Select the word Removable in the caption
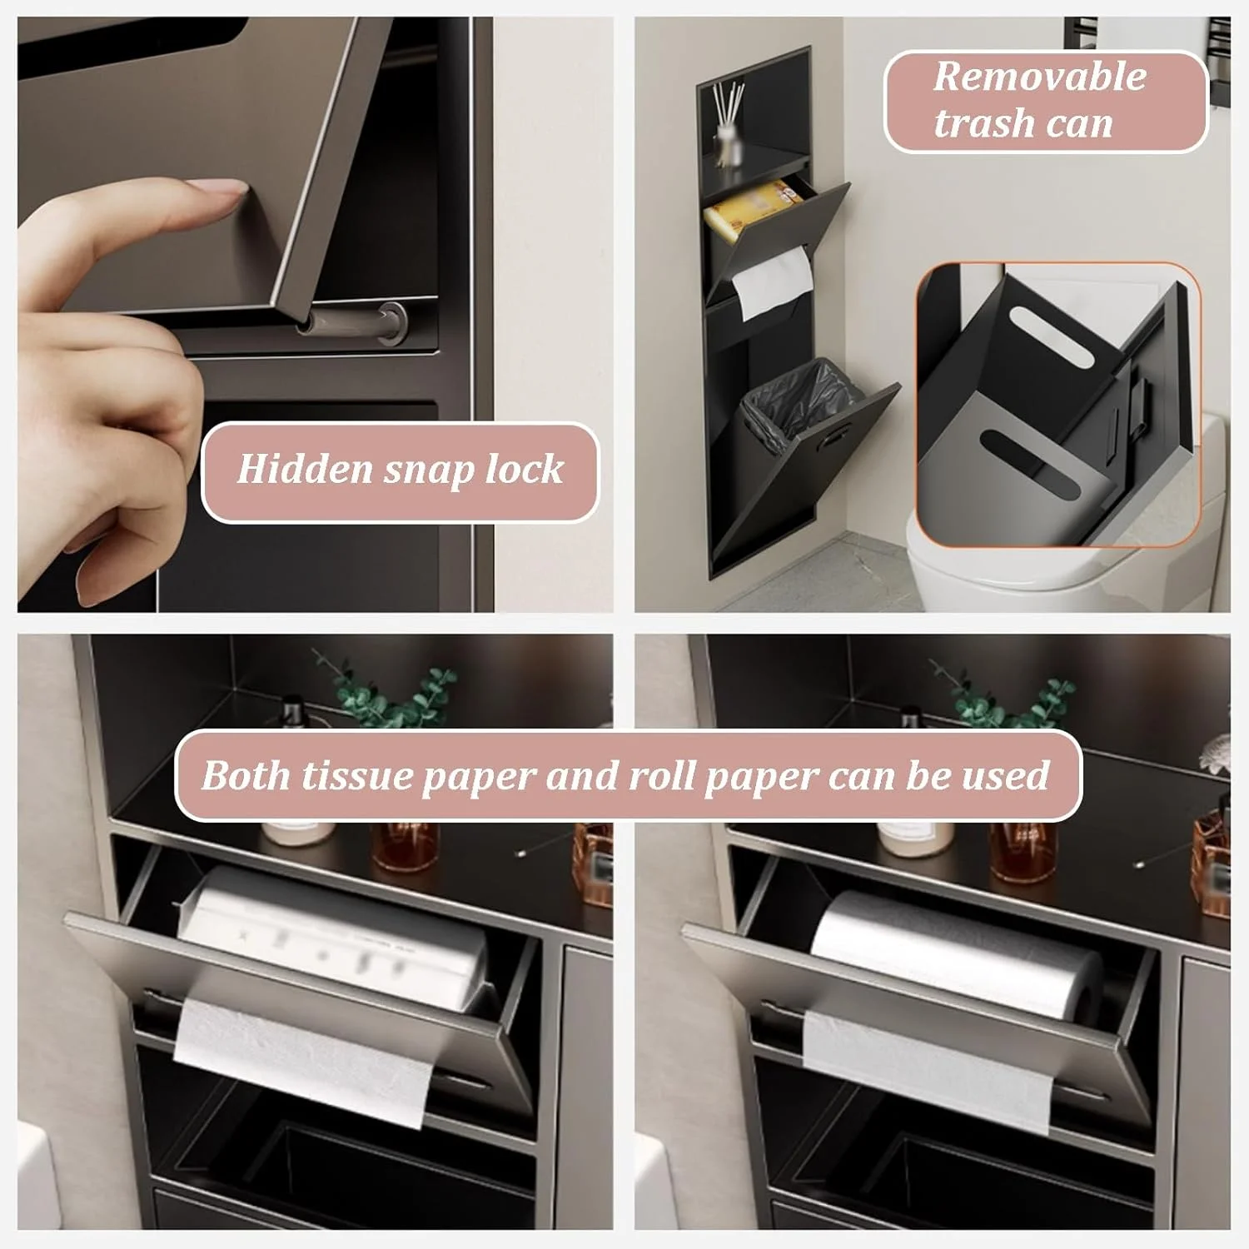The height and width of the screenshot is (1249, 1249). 1040,77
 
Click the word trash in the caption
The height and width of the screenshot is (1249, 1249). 984,123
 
